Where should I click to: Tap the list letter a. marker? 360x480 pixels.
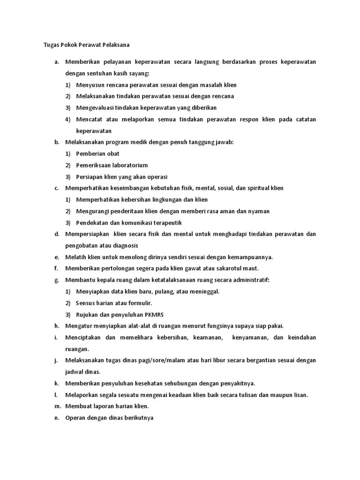pos(56,62)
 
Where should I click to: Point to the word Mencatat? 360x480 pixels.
pos(88,120)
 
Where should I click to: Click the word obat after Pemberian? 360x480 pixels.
pos(113,154)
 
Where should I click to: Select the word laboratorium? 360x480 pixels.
pos(130,165)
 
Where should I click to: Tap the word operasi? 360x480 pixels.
pos(157,177)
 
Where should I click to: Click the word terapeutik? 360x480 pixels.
pos(166,223)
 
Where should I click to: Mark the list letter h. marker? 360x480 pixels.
pos(56,326)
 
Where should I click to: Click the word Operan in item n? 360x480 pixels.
pos(75,418)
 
